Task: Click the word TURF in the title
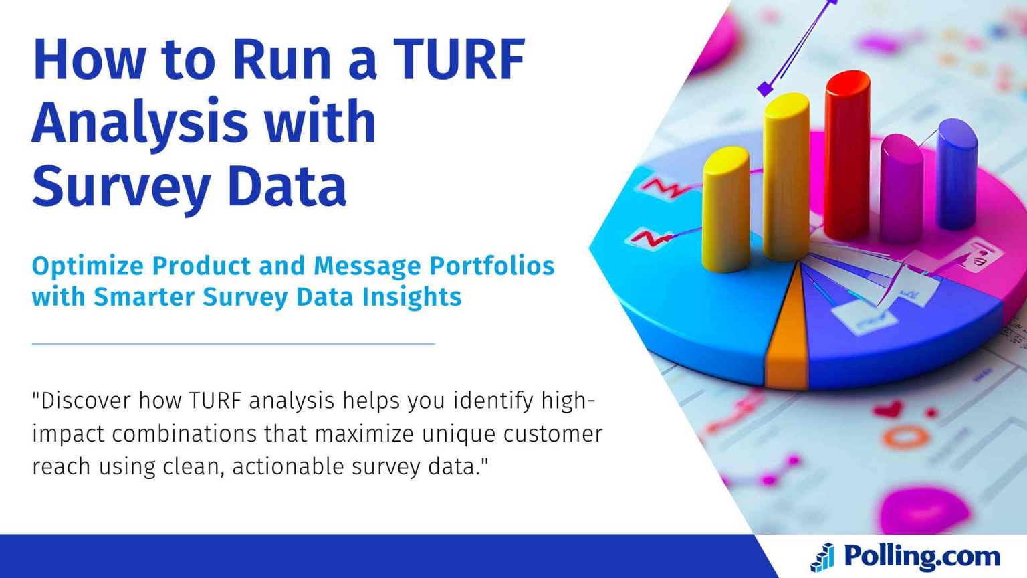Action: (x=459, y=59)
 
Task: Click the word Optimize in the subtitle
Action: (x=87, y=266)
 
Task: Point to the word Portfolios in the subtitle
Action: (x=491, y=266)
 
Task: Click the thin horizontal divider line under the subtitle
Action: (x=233, y=343)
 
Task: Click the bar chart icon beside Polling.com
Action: (x=822, y=557)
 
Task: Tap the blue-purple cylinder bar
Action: (x=956, y=174)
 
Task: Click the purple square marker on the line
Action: (x=765, y=88)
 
